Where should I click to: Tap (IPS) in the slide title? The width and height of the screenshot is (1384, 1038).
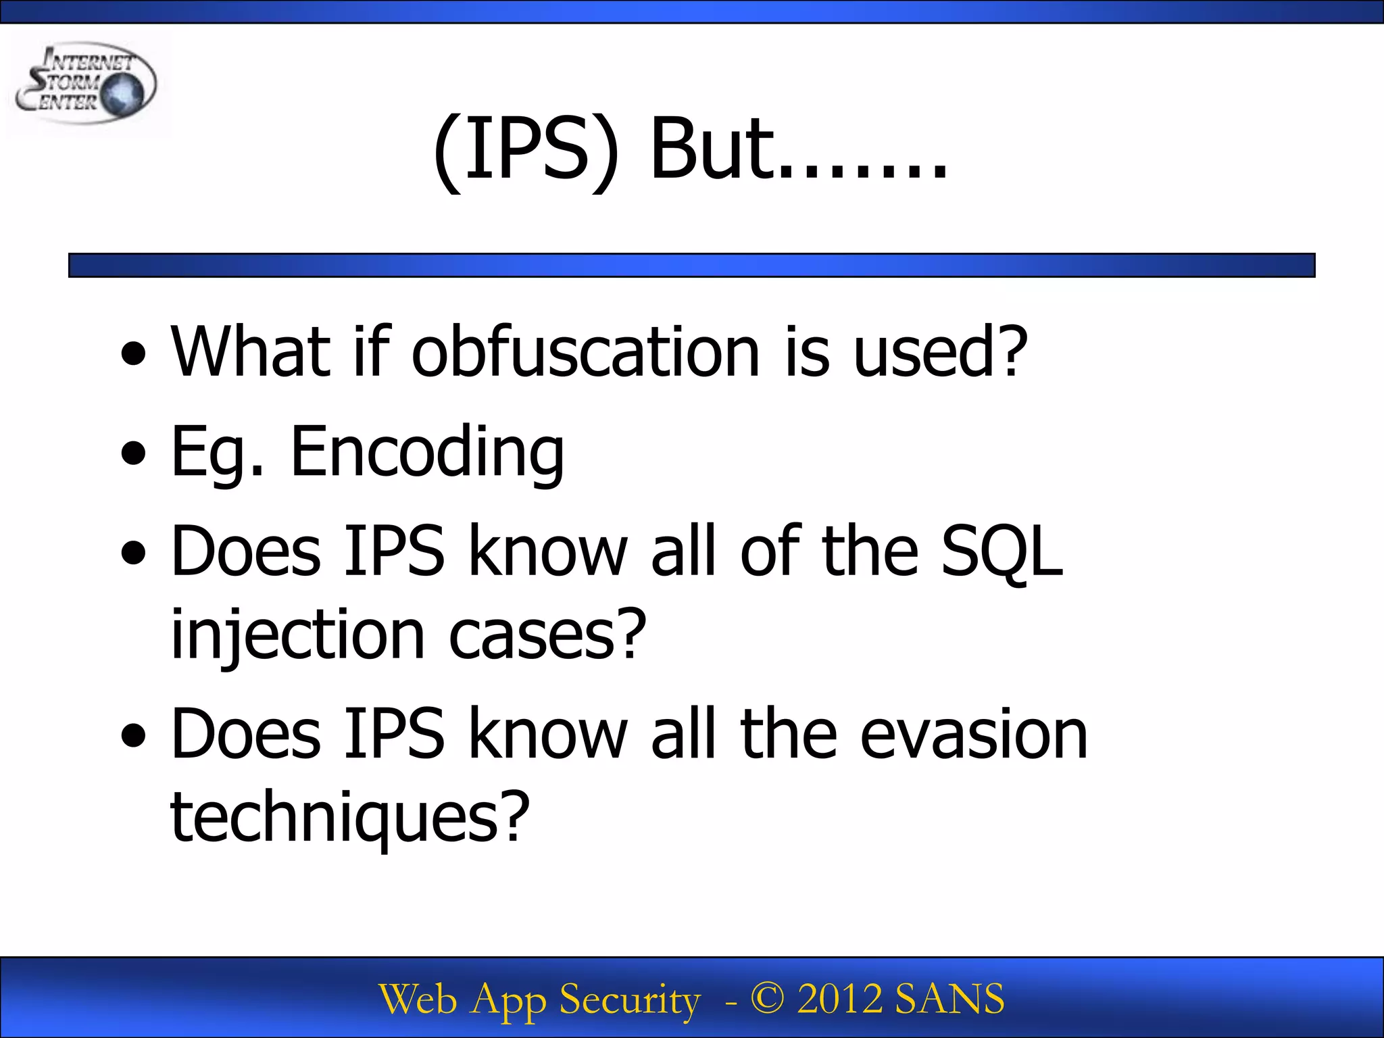526,150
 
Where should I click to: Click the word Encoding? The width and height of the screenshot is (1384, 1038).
427,451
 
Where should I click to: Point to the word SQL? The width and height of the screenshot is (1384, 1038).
1002,551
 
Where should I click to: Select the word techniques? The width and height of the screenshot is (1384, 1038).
349,818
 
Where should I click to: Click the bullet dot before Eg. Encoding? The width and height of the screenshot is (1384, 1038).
134,453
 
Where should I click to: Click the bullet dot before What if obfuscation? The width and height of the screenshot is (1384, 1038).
134,353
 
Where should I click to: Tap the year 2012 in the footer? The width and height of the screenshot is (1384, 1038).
839,999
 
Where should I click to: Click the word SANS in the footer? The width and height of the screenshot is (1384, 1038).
949,999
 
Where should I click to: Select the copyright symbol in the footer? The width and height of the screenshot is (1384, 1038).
767,999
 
